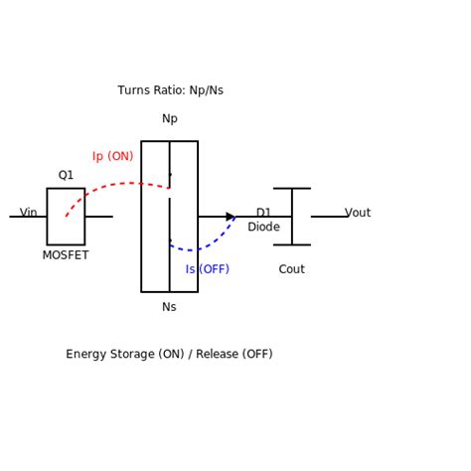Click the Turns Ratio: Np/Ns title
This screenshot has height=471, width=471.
click(170, 90)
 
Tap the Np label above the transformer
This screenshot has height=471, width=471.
click(170, 119)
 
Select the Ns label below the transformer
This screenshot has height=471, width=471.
click(169, 307)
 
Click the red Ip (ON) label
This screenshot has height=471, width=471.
click(112, 157)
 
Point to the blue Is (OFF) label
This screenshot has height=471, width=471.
click(207, 269)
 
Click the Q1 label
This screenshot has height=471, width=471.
click(66, 176)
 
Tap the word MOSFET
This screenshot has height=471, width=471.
click(66, 255)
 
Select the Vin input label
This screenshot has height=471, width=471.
click(29, 213)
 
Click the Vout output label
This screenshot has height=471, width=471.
click(358, 213)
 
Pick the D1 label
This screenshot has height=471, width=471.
click(263, 213)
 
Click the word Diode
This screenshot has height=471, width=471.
click(263, 228)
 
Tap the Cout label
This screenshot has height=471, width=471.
click(291, 269)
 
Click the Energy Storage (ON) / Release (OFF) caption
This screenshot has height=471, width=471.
click(169, 355)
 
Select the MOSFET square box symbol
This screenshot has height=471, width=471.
click(66, 217)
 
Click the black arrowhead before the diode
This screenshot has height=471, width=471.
click(231, 217)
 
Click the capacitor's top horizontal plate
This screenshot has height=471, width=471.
click(292, 189)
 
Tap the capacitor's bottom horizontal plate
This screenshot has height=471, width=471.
click(292, 244)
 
